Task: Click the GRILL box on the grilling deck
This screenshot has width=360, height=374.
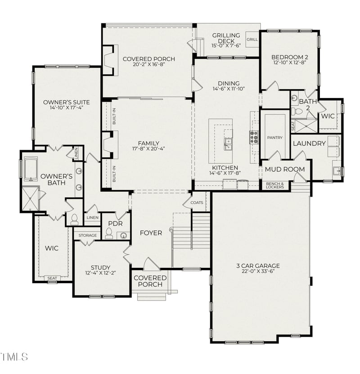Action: (252, 39)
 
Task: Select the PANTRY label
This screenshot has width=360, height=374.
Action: (274, 137)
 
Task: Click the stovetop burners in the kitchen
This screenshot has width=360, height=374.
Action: (254, 137)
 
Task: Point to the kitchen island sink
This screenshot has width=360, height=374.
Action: (228, 144)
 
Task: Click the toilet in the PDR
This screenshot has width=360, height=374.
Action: (108, 233)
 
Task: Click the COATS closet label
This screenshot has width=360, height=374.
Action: (197, 203)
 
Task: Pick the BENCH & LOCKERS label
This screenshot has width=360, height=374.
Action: (275, 185)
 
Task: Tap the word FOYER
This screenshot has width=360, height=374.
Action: (151, 233)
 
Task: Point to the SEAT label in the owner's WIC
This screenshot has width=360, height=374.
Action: (52, 278)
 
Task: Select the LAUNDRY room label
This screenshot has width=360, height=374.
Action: (309, 144)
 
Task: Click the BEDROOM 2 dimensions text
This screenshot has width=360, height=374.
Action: (289, 63)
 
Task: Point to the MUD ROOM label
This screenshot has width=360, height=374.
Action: (284, 169)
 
